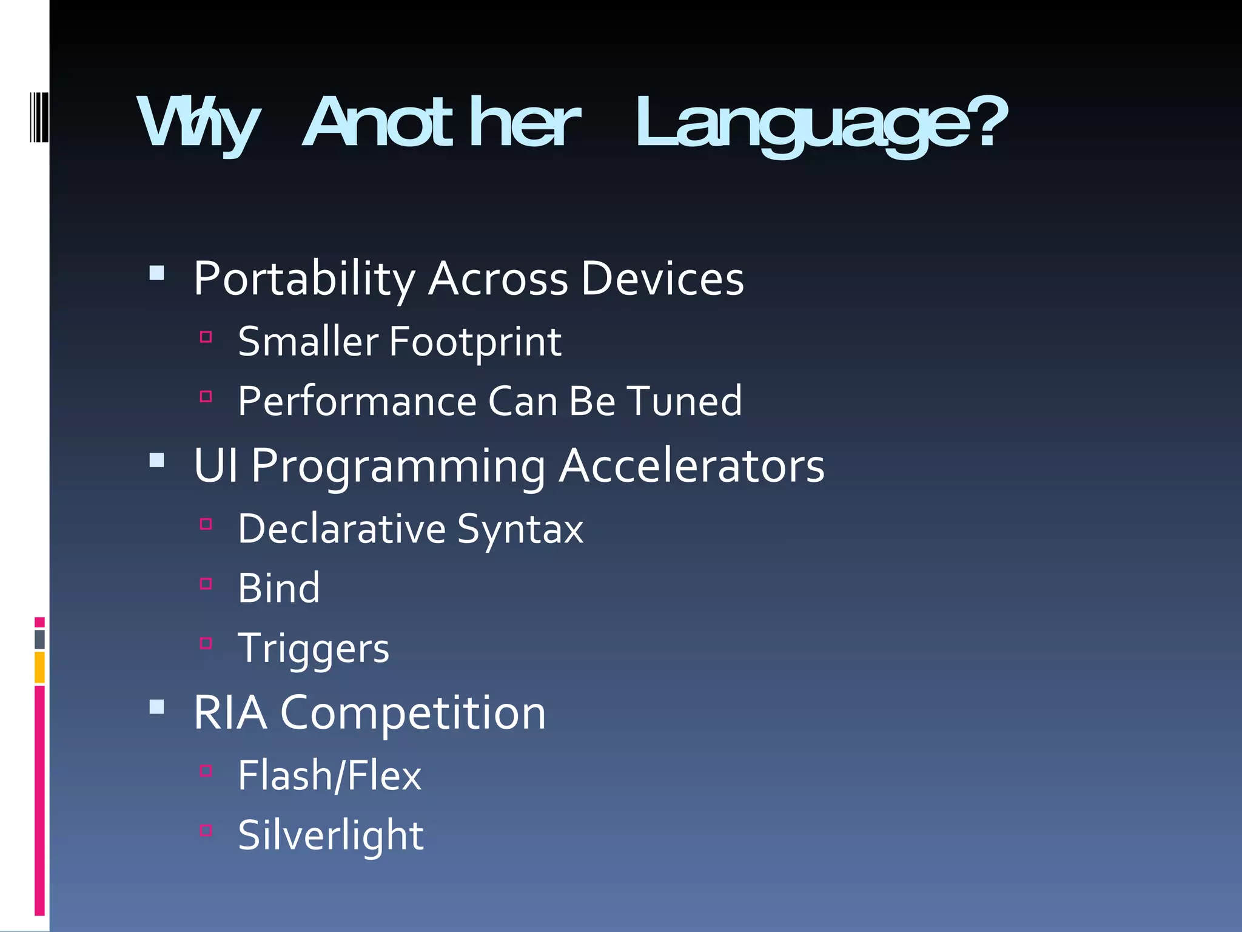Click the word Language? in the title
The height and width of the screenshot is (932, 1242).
(821, 124)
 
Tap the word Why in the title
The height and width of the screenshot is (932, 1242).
(199, 124)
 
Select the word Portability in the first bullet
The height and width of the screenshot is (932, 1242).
(304, 279)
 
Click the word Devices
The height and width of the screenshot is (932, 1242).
(662, 279)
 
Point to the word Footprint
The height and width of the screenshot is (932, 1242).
(475, 342)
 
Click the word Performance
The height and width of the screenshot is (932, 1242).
(357, 402)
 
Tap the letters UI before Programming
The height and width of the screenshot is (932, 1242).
(215, 466)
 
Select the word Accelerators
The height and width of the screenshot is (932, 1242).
(691, 466)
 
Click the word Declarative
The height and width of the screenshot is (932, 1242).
(342, 528)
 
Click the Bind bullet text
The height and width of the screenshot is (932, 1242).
(278, 588)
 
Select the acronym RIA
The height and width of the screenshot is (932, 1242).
(230, 713)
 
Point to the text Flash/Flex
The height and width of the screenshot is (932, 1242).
(329, 775)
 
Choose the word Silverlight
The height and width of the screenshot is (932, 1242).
(331, 836)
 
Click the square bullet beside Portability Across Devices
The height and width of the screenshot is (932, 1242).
(157, 273)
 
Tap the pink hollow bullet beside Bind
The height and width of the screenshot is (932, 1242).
(206, 584)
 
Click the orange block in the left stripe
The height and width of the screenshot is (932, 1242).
(39, 667)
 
